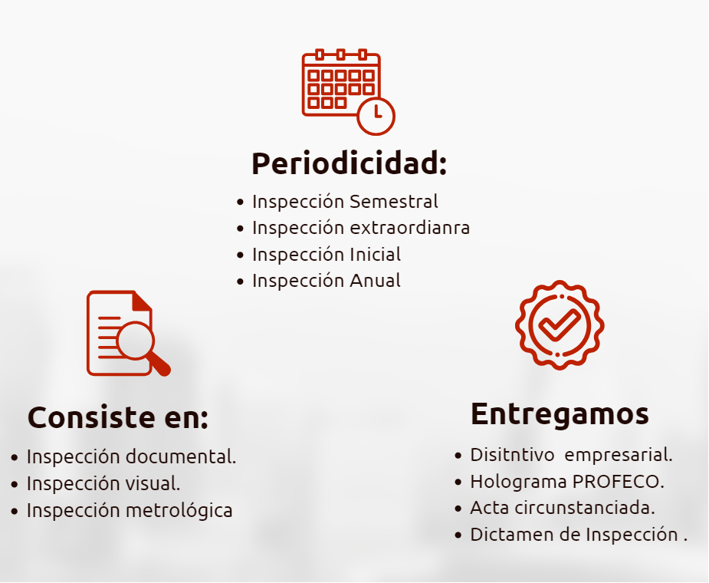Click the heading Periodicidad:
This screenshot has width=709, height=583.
[x=349, y=163]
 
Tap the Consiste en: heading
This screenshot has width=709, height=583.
[x=118, y=417]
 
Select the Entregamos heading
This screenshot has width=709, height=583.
[x=560, y=414]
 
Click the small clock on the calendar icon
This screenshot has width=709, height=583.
[x=376, y=116]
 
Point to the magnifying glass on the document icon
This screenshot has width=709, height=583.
[x=136, y=341]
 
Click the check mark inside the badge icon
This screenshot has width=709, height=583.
[x=560, y=324]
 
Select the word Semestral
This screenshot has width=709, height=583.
[x=394, y=202]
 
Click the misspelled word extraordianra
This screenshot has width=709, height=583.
[x=409, y=228]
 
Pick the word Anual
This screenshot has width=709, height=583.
[x=376, y=281]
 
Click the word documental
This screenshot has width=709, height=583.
[x=181, y=456]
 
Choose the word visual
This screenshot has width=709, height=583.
[x=153, y=483]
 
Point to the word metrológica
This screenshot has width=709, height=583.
[x=179, y=511]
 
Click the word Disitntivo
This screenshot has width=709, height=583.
[x=512, y=455]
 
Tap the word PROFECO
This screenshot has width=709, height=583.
[x=618, y=482]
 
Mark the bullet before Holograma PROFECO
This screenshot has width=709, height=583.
[x=458, y=483]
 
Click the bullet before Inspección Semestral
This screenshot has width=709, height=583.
[x=240, y=203]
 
